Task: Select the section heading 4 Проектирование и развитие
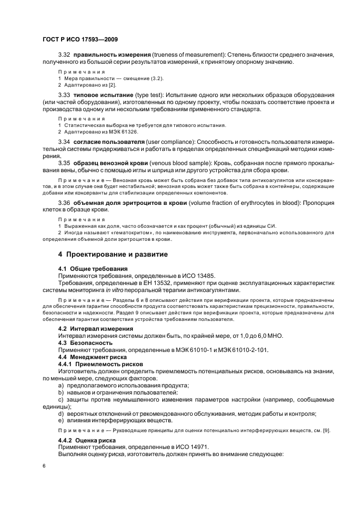(113, 254)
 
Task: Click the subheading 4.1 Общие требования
(93, 269)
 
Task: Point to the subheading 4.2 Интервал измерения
(95, 329)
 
